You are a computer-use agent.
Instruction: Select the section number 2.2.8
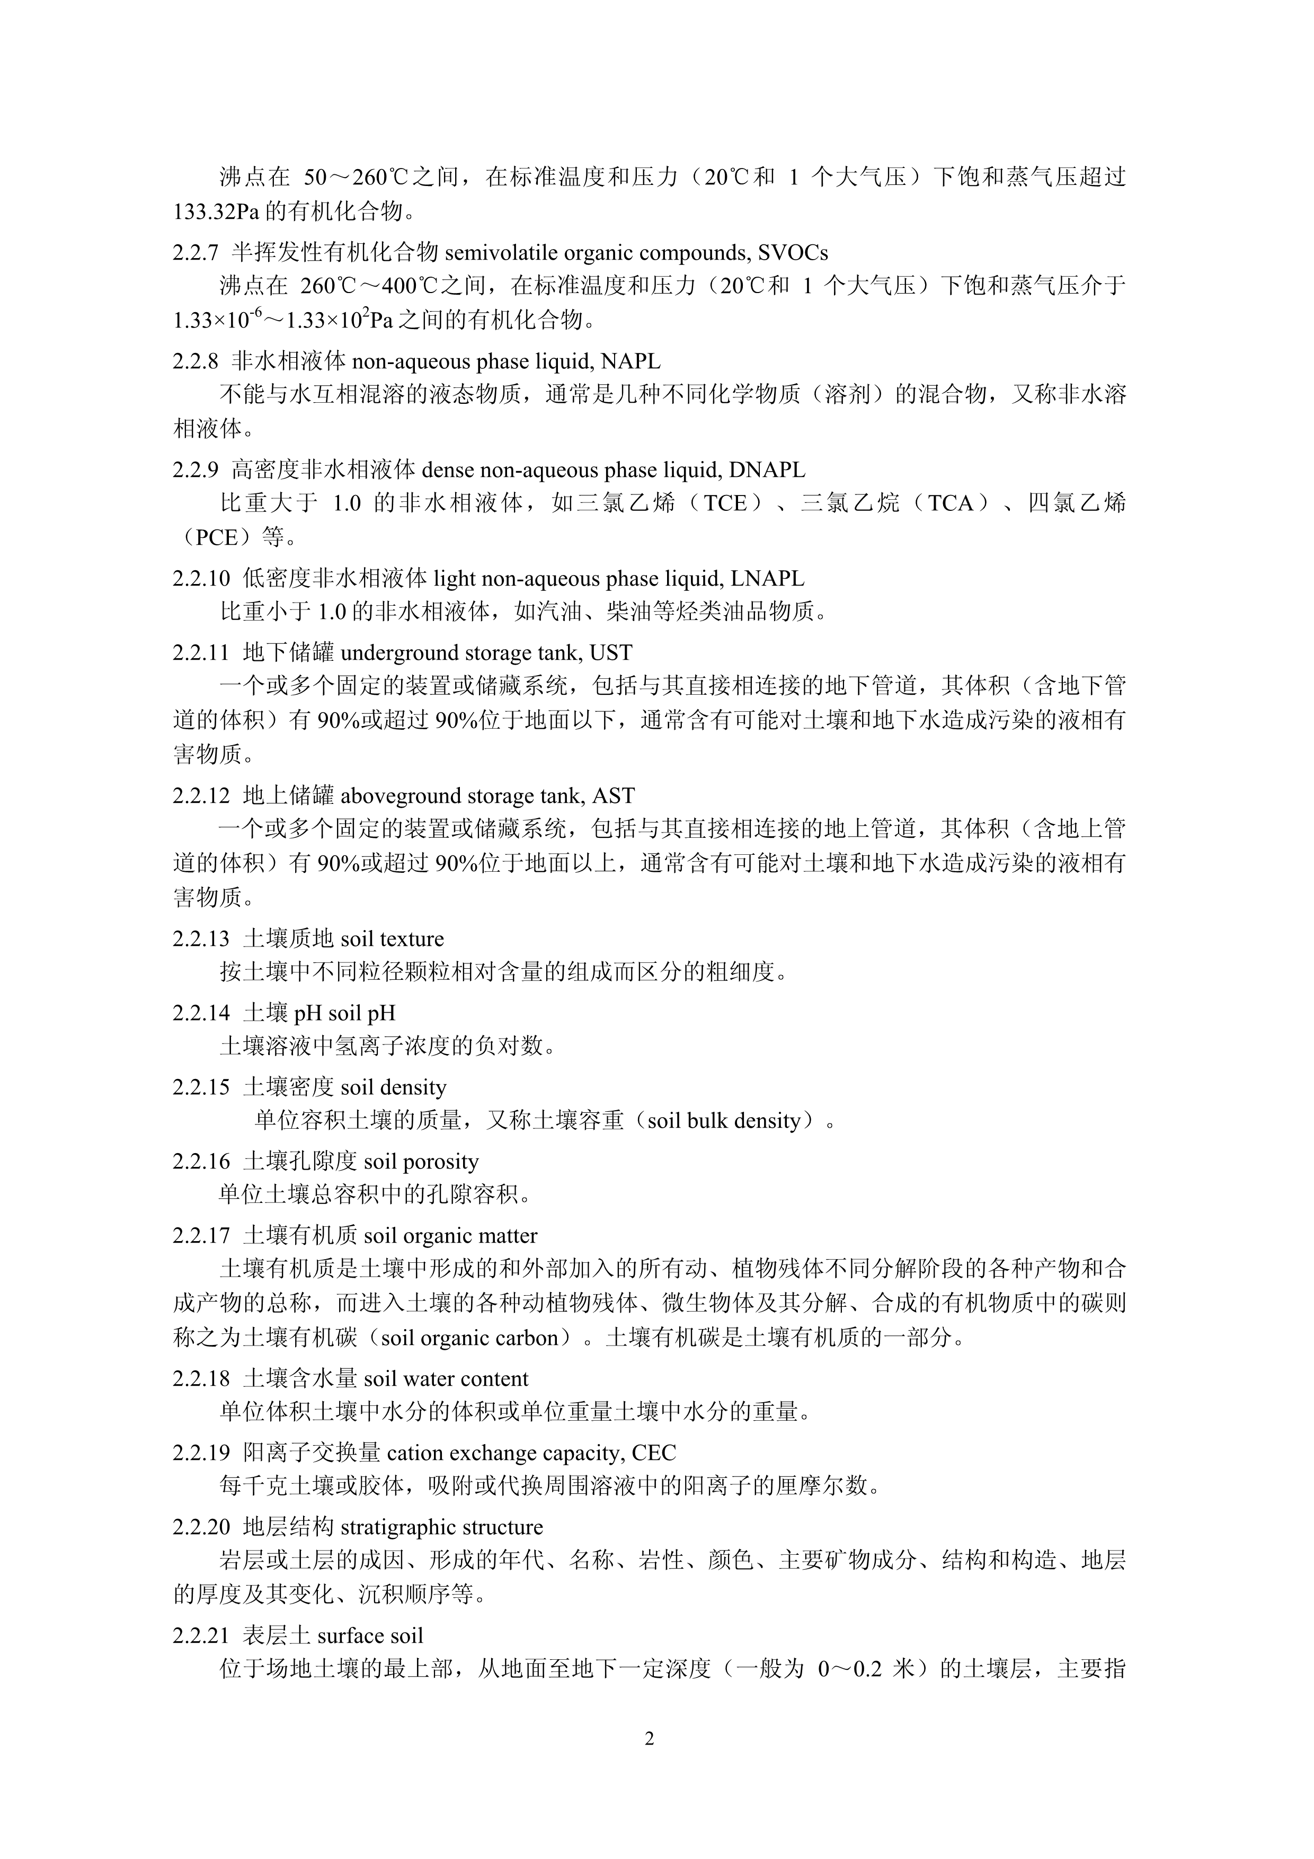coord(195,361)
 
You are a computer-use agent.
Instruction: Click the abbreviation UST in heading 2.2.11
coord(611,652)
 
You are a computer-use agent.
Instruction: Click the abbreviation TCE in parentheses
coord(725,503)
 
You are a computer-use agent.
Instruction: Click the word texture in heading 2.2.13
coord(413,939)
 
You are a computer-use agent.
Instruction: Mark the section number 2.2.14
coord(201,1013)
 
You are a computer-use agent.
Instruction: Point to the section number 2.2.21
coord(201,1635)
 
